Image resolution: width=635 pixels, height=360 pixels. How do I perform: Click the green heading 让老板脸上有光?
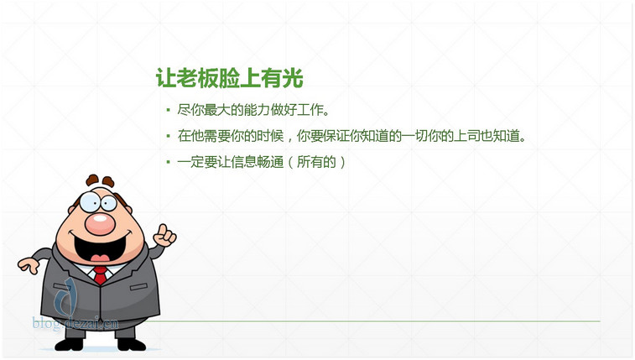tap(230, 78)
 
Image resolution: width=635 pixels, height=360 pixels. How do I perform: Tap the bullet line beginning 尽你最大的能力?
tap(253, 110)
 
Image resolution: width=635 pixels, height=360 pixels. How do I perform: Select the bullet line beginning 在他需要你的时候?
tap(352, 136)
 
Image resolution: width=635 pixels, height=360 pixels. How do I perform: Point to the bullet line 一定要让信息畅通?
tap(261, 162)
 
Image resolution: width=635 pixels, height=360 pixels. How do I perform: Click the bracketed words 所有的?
tap(316, 162)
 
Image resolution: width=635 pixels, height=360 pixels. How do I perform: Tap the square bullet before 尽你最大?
tap(168, 109)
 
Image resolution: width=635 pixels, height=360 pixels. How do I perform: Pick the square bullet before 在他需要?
tap(168, 136)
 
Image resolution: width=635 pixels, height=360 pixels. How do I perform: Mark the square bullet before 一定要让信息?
tap(168, 162)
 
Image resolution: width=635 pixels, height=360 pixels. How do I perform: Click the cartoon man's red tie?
tap(100, 275)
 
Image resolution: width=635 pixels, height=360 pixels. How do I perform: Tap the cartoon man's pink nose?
tap(100, 224)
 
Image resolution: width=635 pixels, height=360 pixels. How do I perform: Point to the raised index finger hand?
tap(164, 235)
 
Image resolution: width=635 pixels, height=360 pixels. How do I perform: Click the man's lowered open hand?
tap(29, 266)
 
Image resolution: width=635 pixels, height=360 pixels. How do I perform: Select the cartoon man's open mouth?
tap(101, 247)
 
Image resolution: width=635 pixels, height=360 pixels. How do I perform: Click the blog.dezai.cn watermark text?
tap(75, 324)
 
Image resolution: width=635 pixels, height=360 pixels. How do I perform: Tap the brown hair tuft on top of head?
tap(100, 180)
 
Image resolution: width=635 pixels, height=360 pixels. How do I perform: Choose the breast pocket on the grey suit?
tap(138, 287)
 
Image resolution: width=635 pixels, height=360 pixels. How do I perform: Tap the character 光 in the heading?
tap(293, 78)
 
